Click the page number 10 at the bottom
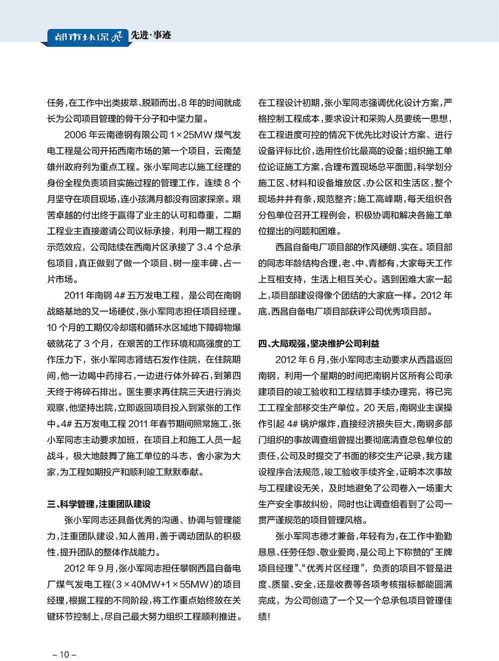(64, 655)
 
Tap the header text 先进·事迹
(150, 35)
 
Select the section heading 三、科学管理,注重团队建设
(99, 504)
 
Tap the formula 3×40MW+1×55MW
(162, 585)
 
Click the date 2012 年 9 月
(89, 569)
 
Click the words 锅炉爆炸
(319, 424)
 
